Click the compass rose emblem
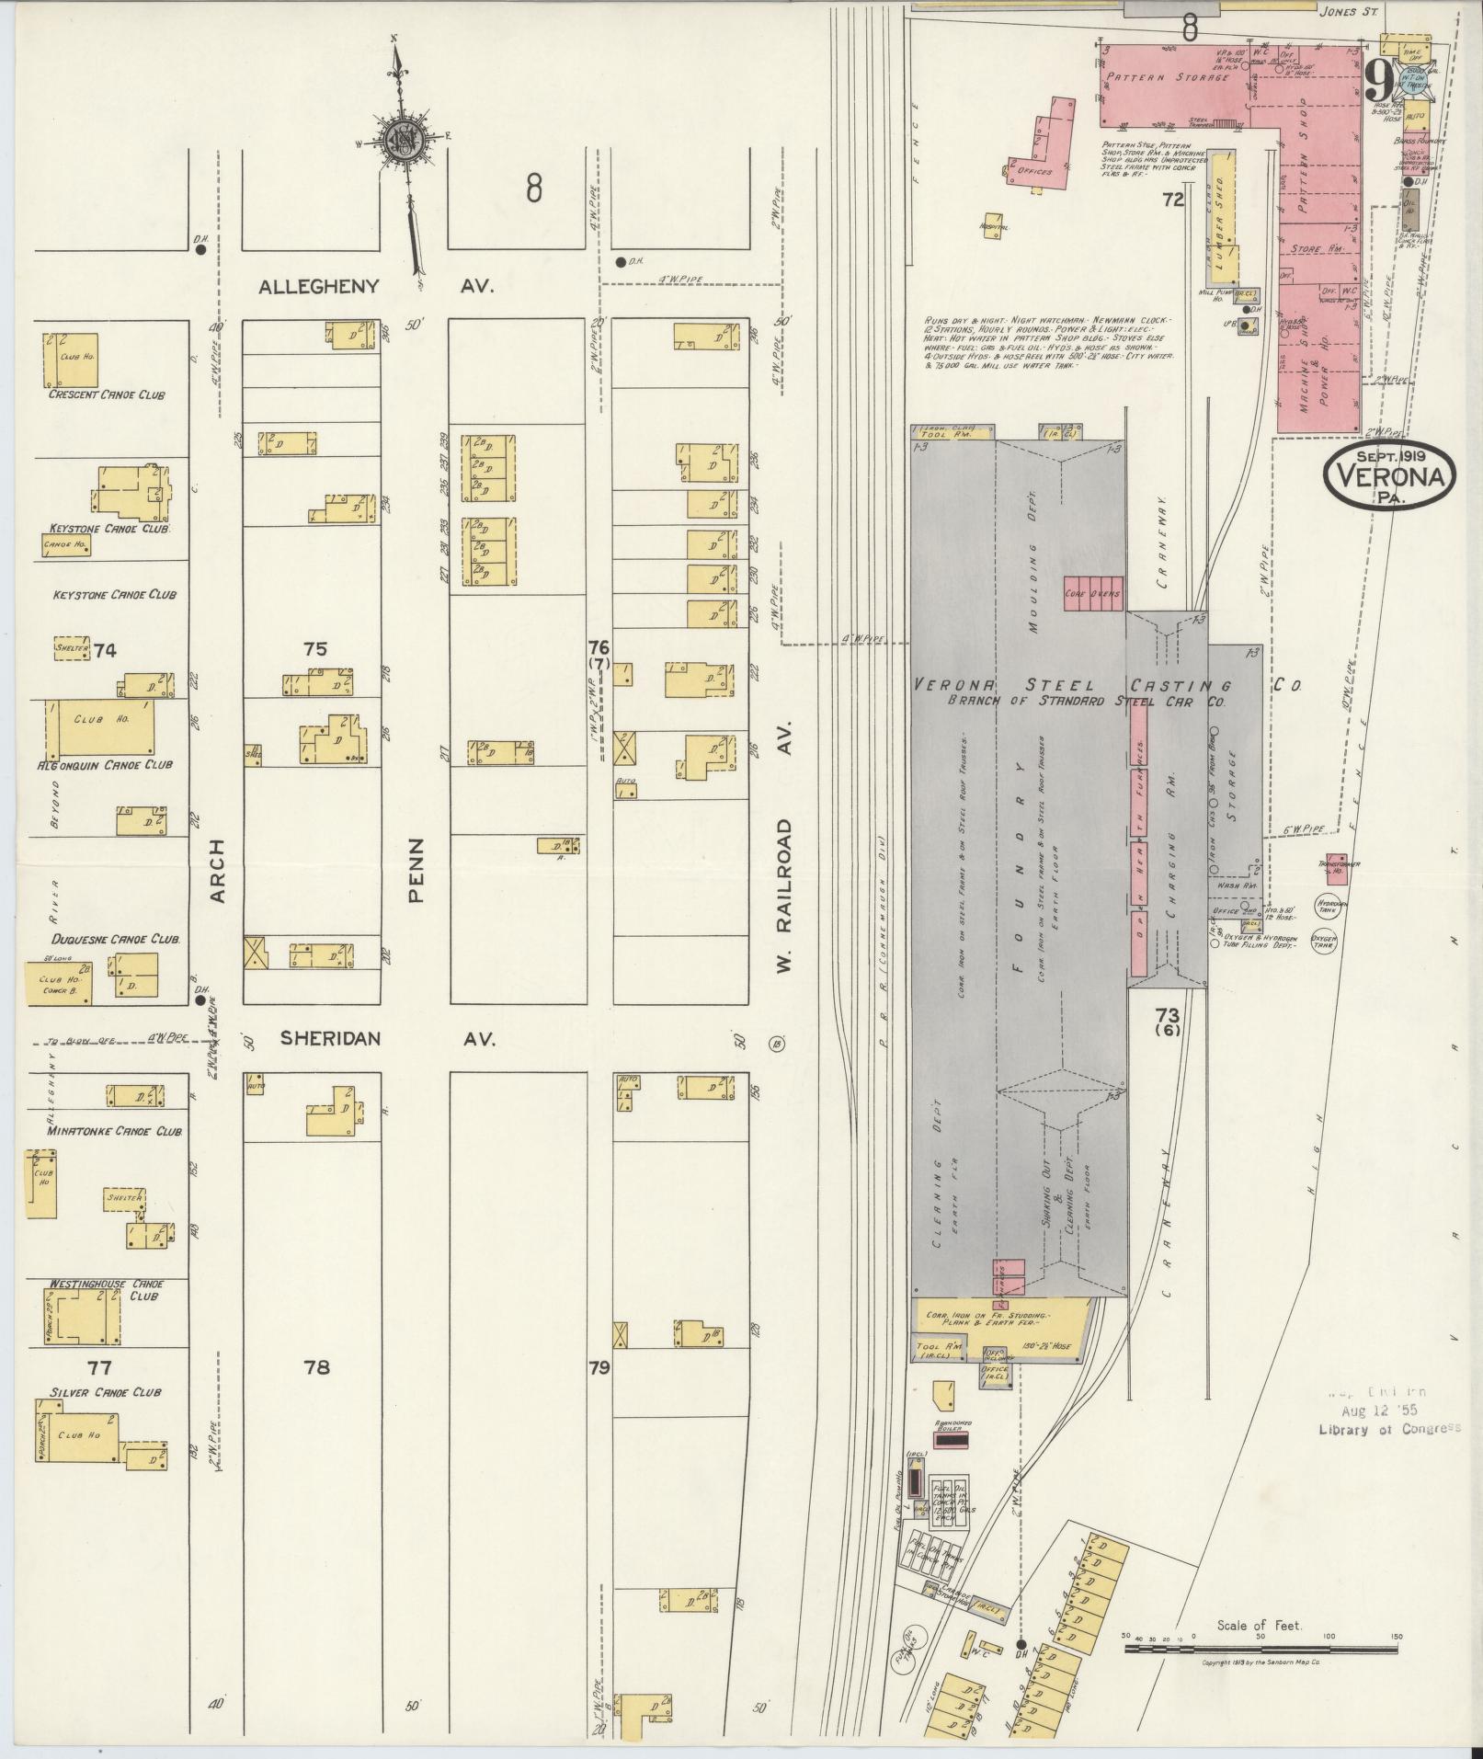[402, 140]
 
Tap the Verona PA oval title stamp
[1388, 476]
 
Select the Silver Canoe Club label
[106, 1392]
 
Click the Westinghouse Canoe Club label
[107, 1289]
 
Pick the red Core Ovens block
[1092, 594]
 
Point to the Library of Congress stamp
[1388, 1454]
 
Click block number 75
[315, 649]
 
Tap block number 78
[316, 1367]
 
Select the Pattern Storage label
[1167, 77]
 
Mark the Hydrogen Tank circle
[1327, 905]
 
